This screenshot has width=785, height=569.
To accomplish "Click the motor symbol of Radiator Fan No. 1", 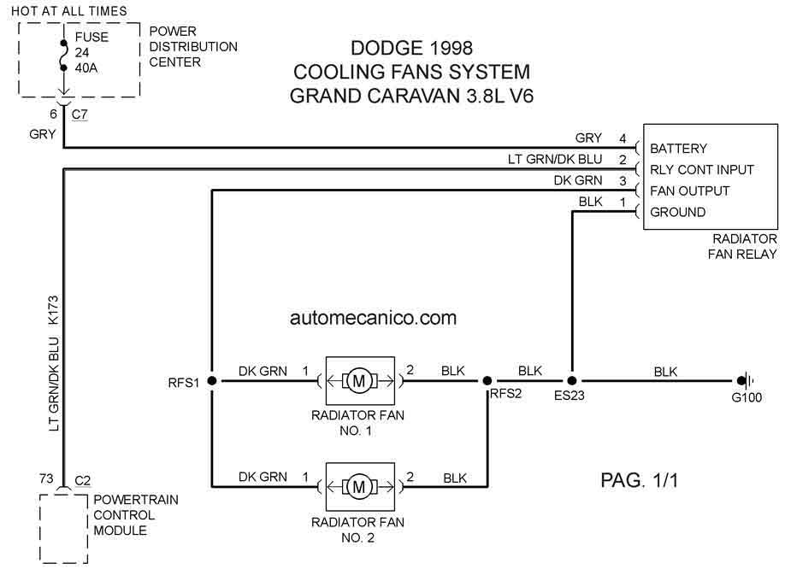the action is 359,381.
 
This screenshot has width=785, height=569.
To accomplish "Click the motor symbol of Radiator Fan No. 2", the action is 359,486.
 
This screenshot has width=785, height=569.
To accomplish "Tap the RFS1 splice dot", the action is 212,381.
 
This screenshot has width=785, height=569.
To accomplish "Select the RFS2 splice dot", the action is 487,381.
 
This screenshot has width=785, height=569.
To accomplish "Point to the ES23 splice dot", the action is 572,381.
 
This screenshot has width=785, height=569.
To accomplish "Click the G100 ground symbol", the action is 745,381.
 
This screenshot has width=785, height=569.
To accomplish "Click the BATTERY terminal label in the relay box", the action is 678,149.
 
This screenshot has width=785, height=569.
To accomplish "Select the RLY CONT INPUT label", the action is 702,170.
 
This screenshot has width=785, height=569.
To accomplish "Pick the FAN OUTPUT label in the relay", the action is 689,191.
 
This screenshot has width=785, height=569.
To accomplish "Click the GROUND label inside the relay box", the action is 677,212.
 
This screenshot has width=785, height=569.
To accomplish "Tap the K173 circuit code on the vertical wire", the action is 53,310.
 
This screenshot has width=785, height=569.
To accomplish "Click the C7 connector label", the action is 80,114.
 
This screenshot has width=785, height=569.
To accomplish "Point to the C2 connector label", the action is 83,480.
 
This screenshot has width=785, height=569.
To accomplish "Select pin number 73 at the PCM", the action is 46,478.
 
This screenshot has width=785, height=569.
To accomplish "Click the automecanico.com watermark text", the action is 373,318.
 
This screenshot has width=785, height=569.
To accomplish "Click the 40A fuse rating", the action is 86,68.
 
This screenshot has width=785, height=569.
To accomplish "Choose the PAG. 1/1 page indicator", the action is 640,480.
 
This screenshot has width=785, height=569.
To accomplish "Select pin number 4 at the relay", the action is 623,138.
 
